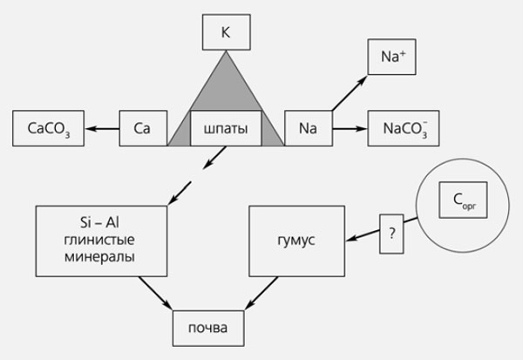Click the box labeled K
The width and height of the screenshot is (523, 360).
click(x=226, y=32)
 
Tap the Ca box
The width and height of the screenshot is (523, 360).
click(x=143, y=128)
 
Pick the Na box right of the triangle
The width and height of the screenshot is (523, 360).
click(x=307, y=128)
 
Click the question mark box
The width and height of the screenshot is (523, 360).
click(x=391, y=234)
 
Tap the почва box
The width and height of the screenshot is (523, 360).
click(x=208, y=329)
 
